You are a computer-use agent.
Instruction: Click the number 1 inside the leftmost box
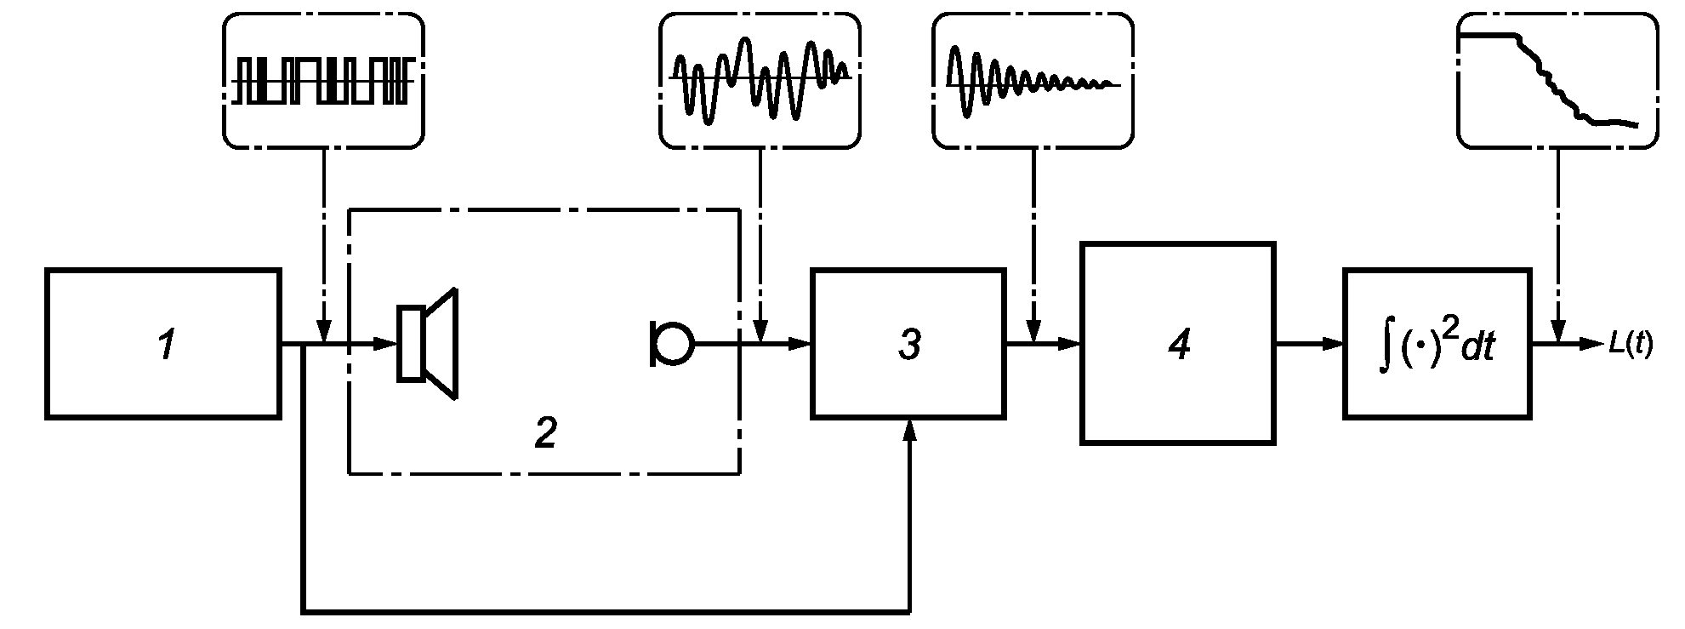pos(168,346)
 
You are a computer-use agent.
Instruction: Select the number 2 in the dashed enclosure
pos(545,434)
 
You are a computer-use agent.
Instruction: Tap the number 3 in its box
pos(909,346)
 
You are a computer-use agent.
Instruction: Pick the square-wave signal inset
pos(323,81)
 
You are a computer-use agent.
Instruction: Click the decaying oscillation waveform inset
pos(1033,81)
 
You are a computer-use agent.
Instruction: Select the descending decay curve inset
pos(1557,81)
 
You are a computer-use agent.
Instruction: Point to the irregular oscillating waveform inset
pos(760,81)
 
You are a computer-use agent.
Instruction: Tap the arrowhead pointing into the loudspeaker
pos(387,344)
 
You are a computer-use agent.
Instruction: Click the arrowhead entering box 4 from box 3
pos(1070,344)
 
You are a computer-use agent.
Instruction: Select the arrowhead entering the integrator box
pos(1334,344)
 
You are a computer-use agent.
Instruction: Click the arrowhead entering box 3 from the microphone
pos(801,344)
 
